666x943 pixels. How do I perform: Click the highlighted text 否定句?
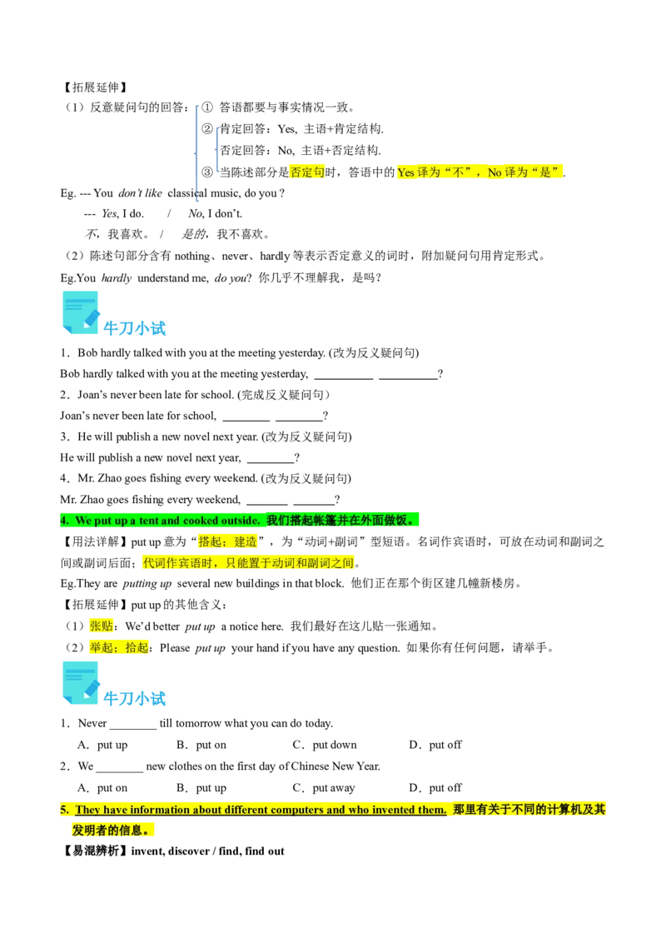pos(307,172)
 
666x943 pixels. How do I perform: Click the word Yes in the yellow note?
pos(405,172)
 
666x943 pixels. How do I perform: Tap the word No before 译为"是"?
pos(495,172)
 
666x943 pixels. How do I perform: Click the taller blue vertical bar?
pos(196,150)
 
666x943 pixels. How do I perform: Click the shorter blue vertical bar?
pos(216,150)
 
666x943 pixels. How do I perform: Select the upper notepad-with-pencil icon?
pos(80,311)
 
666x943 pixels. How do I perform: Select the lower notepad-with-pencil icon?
pos(80,683)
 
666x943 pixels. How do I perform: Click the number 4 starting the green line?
pos(63,521)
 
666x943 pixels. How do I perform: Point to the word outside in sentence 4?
pos(240,521)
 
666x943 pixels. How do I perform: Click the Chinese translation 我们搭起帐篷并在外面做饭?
pos(340,521)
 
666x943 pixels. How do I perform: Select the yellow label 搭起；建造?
pos(227,542)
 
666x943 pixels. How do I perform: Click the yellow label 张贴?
pos(101,626)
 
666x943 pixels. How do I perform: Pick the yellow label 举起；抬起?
pos(119,647)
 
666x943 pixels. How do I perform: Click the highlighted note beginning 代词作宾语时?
pos(248,564)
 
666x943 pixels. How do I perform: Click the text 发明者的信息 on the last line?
pos(110,831)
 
